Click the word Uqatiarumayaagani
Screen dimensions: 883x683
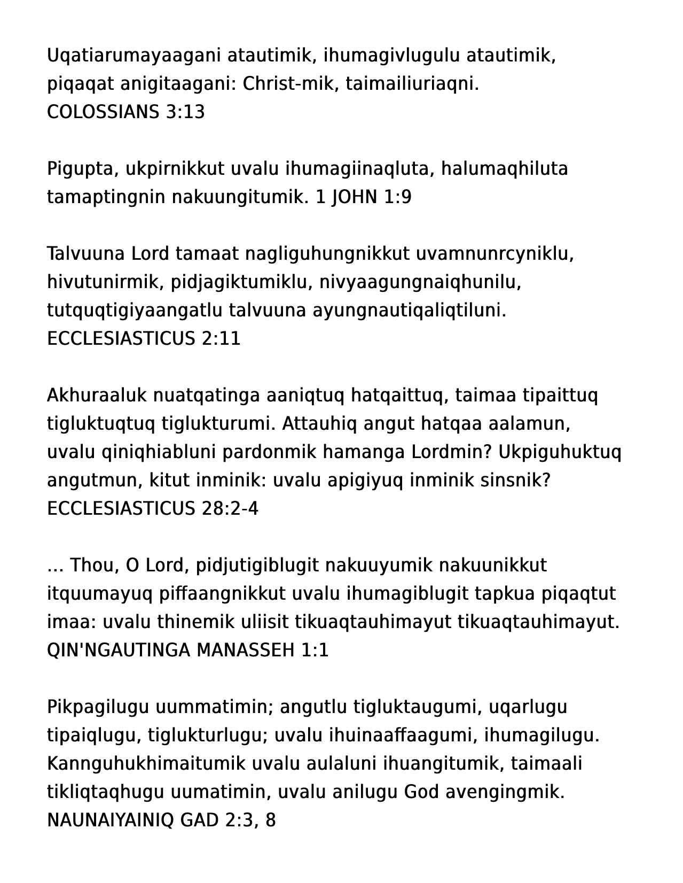click(x=134, y=56)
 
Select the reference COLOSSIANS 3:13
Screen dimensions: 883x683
click(x=126, y=112)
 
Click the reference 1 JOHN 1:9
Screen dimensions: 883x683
click(x=364, y=197)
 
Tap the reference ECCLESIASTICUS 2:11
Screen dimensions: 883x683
click(x=144, y=339)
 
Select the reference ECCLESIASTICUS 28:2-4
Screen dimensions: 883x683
click(x=153, y=509)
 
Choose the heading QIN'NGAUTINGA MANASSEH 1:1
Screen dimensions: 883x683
click(x=187, y=650)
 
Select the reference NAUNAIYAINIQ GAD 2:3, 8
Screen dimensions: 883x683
click(x=161, y=820)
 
